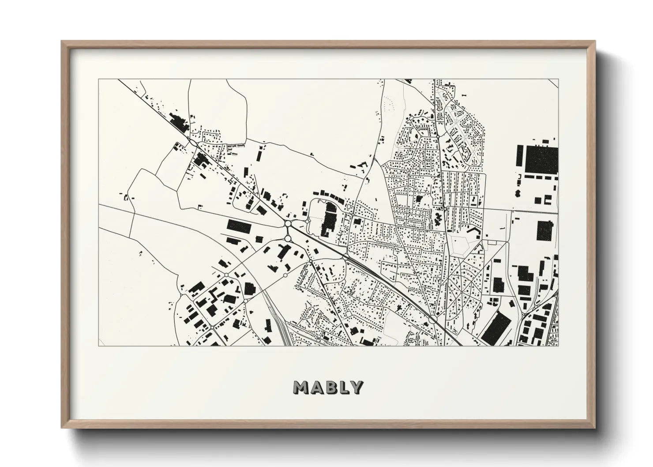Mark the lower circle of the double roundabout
pyautogui.click(x=288, y=238)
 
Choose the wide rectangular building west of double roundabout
pyautogui.click(x=238, y=225)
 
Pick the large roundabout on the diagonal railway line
pyautogui.click(x=434, y=318)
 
